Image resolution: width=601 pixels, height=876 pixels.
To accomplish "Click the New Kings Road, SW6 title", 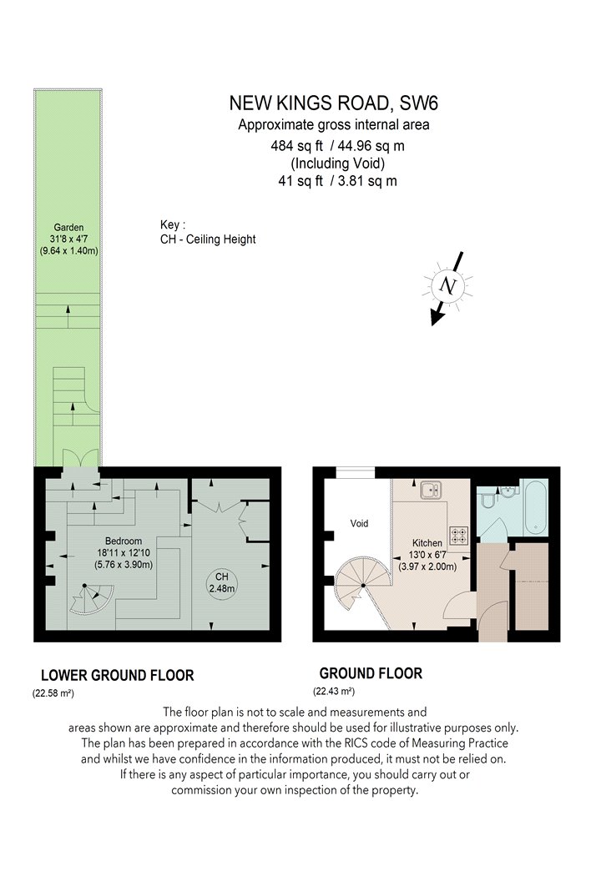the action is (x=333, y=103).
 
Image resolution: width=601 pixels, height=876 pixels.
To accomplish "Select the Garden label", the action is (x=68, y=228).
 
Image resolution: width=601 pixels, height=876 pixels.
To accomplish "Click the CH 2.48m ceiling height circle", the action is (x=221, y=582).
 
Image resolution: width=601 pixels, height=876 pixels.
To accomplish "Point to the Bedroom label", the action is (x=124, y=541).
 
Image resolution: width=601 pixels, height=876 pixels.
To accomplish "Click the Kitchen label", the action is (x=427, y=542).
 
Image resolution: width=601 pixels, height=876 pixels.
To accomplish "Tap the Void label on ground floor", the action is (x=359, y=523).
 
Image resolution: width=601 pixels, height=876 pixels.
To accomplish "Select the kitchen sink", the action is (x=431, y=490).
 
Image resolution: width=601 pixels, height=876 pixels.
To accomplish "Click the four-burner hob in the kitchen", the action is (x=459, y=536).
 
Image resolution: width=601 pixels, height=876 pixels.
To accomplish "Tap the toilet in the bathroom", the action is (x=486, y=497).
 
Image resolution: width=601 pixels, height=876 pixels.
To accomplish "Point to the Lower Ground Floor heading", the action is (x=118, y=676).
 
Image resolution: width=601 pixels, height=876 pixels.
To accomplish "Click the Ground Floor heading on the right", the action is (x=371, y=673).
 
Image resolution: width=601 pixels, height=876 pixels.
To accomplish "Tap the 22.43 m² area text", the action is (x=334, y=692).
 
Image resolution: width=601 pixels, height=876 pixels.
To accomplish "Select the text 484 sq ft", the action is (x=297, y=146).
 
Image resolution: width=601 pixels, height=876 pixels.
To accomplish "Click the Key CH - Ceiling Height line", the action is (x=208, y=239).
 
